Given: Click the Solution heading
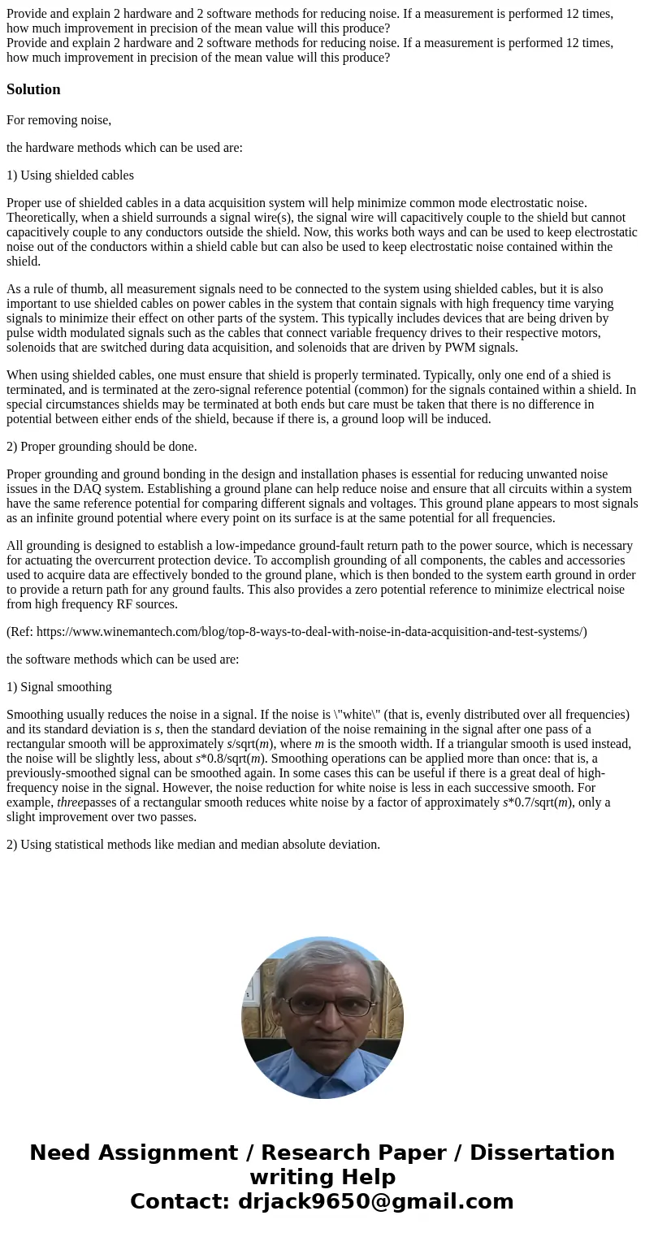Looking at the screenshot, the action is (x=33, y=89).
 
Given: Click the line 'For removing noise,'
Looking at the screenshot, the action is (x=58, y=120).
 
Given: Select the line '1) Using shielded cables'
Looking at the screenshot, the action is (x=70, y=175).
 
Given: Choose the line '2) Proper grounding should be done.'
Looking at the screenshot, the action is (x=102, y=447).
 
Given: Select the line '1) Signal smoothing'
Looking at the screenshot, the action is (x=58, y=687).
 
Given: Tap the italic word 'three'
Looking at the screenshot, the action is (x=70, y=802).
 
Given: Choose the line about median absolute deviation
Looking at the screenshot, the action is (x=193, y=845).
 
